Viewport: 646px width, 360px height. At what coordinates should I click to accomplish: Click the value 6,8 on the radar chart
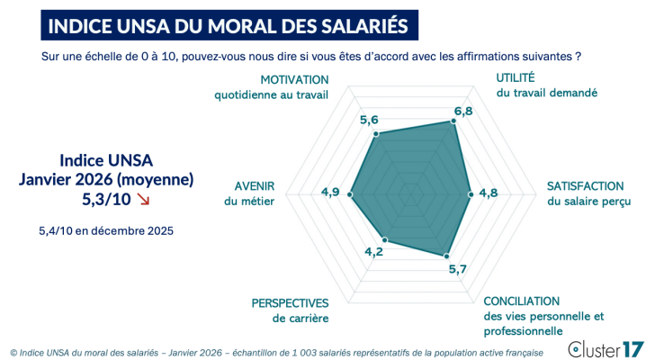[463, 111]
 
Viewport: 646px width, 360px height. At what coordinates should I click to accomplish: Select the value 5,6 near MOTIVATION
[369, 120]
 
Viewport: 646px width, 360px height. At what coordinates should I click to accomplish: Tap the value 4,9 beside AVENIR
[329, 192]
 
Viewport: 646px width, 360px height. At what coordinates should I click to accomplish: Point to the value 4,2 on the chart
[373, 251]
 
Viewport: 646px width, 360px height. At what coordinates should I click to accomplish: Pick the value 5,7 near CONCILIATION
[457, 268]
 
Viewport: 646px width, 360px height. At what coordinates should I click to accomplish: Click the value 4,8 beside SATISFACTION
[488, 192]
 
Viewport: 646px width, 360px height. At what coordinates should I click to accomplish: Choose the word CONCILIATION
[522, 301]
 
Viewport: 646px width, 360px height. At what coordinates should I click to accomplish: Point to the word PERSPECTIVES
[290, 302]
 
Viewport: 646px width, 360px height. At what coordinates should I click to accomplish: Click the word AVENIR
[255, 186]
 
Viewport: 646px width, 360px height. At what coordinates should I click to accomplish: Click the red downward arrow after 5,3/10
[144, 199]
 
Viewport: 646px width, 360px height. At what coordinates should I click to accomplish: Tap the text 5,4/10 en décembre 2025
[106, 230]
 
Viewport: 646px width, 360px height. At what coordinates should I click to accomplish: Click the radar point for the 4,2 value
[385, 239]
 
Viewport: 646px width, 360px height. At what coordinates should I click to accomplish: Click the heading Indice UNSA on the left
[106, 160]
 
